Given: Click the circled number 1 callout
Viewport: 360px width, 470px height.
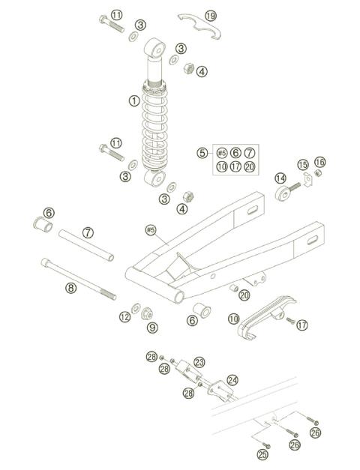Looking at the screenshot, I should pos(133,100).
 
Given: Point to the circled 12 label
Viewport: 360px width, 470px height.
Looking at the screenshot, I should pos(124,317).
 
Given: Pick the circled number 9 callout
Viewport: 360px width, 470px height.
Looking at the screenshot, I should pos(152,328).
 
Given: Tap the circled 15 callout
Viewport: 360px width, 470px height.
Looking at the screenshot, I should pos(303,164).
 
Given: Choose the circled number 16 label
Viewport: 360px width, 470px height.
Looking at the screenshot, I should pos(320,162).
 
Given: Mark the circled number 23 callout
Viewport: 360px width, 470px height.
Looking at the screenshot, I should pos(199,362).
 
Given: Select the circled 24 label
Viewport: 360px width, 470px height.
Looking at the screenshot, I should pos(232,380).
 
